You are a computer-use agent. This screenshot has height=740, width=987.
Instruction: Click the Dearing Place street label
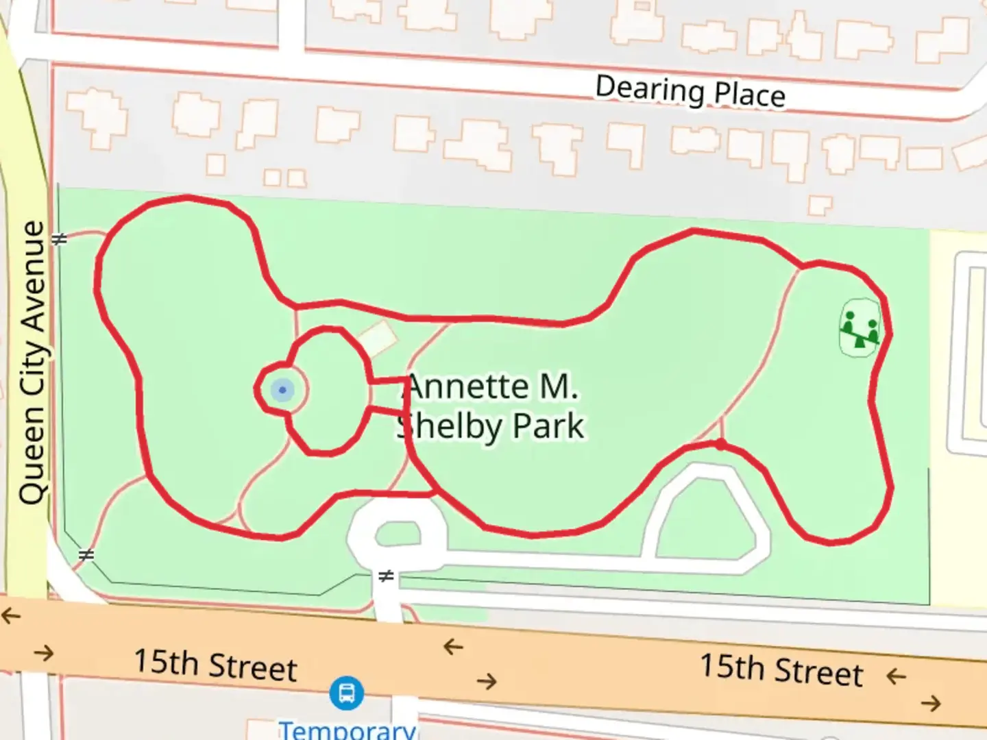[690, 92]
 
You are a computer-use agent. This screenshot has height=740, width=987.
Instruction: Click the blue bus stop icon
[346, 693]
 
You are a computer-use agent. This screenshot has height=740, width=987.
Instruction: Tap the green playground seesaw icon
[860, 328]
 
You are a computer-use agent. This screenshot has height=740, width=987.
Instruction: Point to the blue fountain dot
[282, 390]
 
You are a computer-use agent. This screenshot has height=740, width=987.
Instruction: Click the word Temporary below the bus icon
[347, 729]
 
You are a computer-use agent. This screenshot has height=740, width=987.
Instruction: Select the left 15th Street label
[215, 665]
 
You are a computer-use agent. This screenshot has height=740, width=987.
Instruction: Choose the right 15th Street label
[781, 669]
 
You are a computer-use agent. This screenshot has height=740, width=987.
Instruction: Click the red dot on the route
[720, 445]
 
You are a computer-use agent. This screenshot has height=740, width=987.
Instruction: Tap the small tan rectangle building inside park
[377, 338]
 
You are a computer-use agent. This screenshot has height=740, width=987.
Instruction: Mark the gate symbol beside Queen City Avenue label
[60, 239]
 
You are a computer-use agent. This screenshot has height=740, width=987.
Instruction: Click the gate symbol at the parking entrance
[387, 576]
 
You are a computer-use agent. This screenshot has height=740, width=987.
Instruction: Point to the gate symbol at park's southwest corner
[86, 555]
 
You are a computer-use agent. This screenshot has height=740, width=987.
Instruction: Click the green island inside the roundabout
[398, 533]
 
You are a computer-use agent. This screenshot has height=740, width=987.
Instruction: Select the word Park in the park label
[548, 426]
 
